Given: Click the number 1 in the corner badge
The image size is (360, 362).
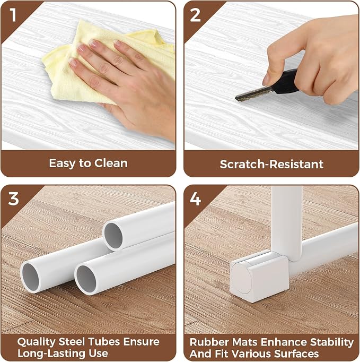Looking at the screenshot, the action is tap(13, 15).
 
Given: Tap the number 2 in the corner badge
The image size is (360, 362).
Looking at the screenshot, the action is tap(195, 15).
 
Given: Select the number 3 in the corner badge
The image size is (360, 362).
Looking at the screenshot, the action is tap(13, 199).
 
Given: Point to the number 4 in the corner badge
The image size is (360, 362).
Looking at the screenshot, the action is tap(195, 199).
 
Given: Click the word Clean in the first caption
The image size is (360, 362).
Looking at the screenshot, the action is tap(111, 163).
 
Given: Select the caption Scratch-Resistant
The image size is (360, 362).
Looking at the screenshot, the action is tap(271, 164).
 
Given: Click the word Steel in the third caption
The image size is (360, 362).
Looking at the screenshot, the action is tap(72, 342).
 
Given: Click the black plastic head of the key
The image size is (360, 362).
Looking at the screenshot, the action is tap(286, 82).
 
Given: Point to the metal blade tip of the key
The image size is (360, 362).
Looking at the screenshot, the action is tap(236, 98).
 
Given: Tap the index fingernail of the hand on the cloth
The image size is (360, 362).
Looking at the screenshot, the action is tap(94, 42).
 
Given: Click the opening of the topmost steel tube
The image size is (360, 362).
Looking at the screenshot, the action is tap(113, 236).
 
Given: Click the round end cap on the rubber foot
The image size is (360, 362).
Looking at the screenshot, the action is tap(242, 279).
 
